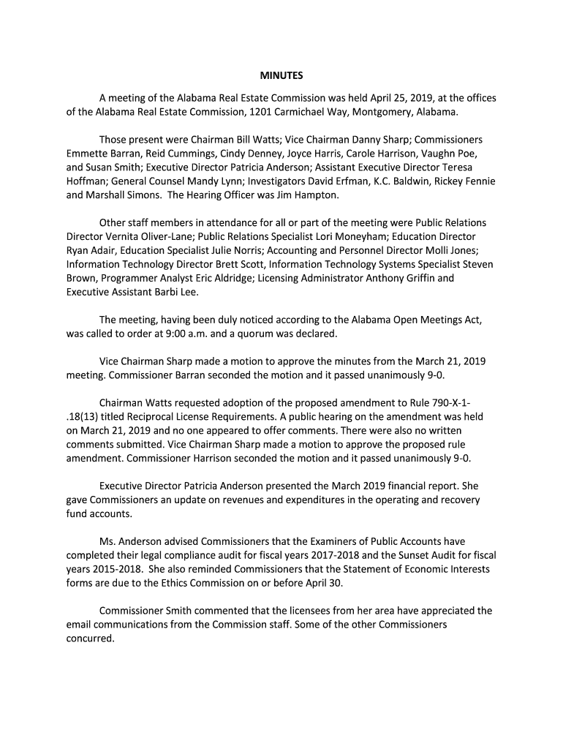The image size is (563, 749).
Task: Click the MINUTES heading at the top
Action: [281, 75]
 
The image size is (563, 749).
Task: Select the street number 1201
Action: [262, 112]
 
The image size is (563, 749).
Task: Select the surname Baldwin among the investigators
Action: [398, 181]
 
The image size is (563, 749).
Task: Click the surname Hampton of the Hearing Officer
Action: [313, 195]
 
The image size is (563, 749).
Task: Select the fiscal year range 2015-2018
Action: [118, 569]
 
